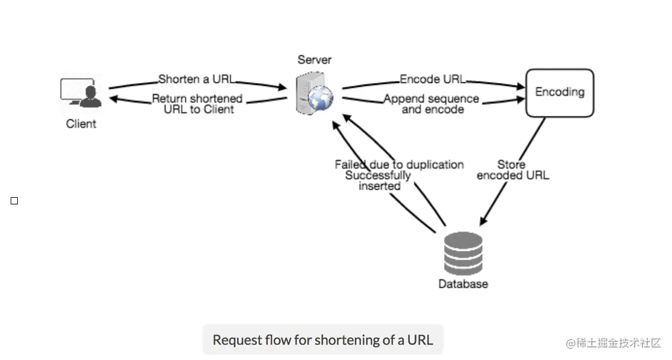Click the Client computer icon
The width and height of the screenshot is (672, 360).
click(x=81, y=94)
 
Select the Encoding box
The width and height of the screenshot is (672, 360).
click(x=559, y=92)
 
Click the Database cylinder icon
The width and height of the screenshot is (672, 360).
click(x=463, y=254)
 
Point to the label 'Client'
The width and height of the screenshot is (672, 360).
click(x=81, y=124)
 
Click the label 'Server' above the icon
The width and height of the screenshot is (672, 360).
click(x=314, y=59)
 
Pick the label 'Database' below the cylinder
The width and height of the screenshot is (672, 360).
click(x=463, y=284)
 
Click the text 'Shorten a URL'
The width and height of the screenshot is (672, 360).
click(x=196, y=79)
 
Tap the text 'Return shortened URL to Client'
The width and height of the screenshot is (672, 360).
click(x=198, y=104)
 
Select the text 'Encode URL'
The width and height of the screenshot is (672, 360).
click(x=432, y=79)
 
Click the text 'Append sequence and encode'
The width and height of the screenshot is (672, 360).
click(x=432, y=104)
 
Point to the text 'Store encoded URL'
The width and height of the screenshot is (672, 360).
click(x=512, y=170)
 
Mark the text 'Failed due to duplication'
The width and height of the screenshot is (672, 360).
click(x=399, y=165)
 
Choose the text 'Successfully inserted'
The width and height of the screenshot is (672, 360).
click(x=379, y=181)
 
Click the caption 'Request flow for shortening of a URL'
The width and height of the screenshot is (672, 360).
click(x=323, y=340)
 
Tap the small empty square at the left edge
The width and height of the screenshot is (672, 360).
click(x=14, y=201)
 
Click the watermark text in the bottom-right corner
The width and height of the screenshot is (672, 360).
click(x=613, y=343)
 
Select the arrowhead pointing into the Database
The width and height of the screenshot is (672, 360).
click(x=483, y=222)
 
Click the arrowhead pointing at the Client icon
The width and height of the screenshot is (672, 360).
click(x=113, y=99)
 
